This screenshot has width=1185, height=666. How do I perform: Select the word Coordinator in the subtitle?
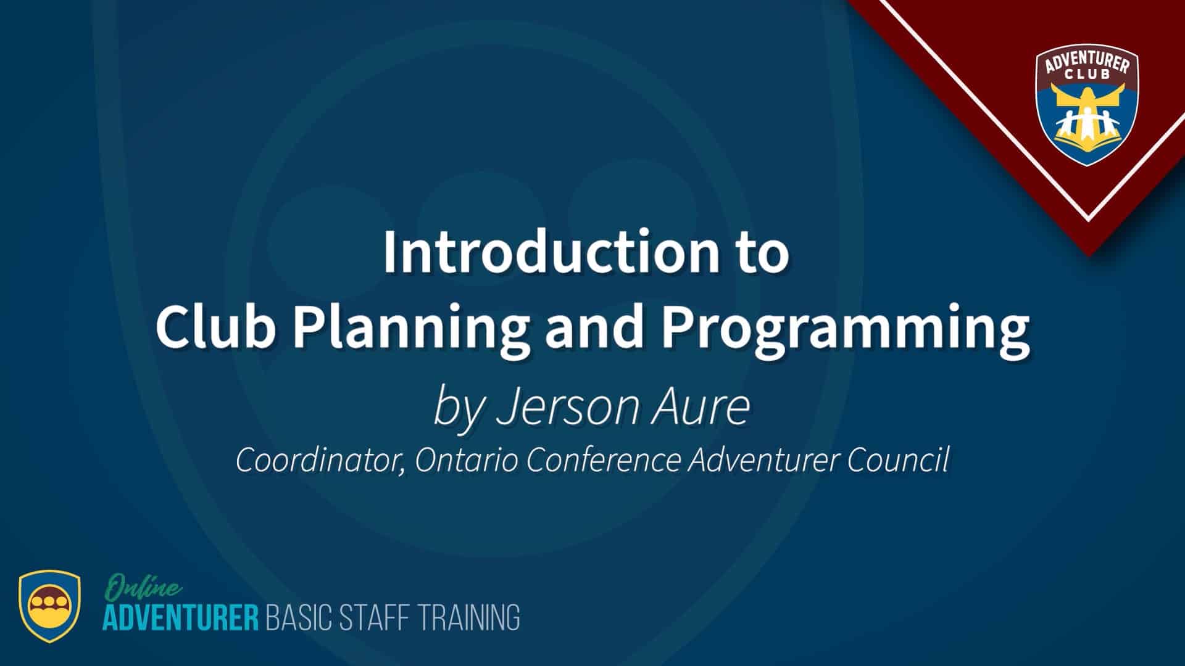pyautogui.click(x=320, y=460)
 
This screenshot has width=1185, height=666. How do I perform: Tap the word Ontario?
pyautogui.click(x=467, y=459)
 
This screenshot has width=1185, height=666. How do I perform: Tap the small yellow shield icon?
pyautogui.click(x=49, y=606)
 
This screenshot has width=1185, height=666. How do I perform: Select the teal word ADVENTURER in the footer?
pyautogui.click(x=181, y=618)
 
